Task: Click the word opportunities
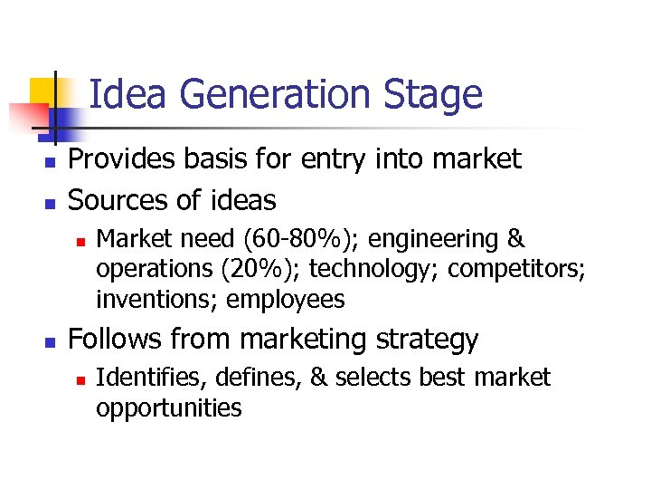[x=168, y=407]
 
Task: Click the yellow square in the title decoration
[x=43, y=91]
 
